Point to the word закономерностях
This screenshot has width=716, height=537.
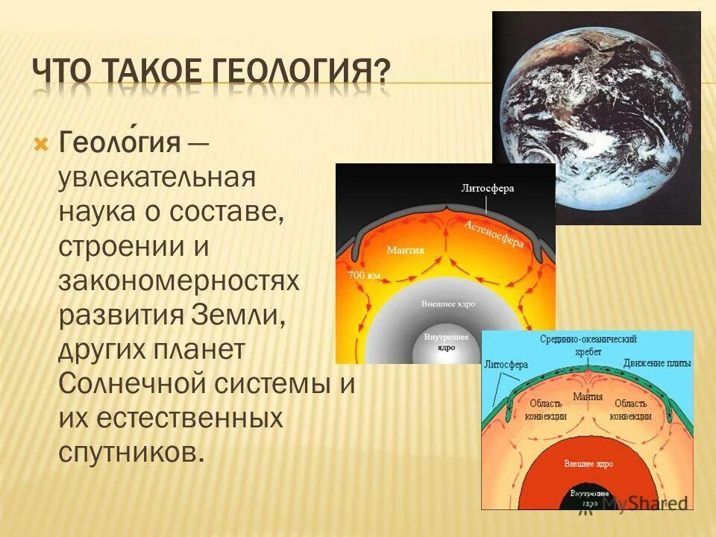[x=179, y=281]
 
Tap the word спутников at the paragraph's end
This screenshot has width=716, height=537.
[x=131, y=453]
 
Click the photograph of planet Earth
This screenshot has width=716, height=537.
[x=596, y=117]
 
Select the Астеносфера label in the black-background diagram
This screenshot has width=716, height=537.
[x=494, y=233]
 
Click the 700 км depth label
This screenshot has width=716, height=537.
[x=364, y=275]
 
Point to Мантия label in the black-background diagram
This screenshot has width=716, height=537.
[x=405, y=251]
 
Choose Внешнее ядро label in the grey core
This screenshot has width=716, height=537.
[x=447, y=304]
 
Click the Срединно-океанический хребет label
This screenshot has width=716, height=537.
[x=588, y=344]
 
